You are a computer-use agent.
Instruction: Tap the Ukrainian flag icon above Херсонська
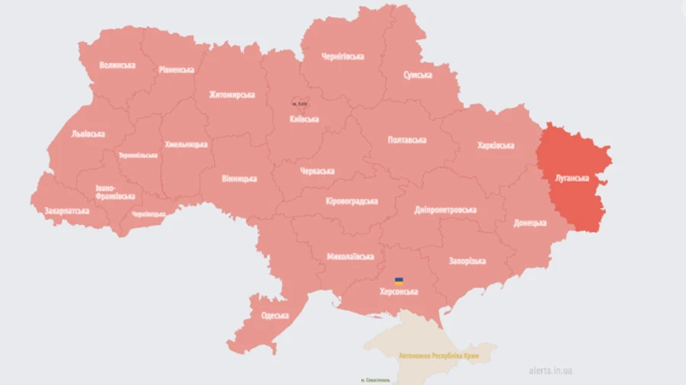[x=399, y=281]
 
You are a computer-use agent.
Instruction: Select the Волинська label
[x=117, y=66]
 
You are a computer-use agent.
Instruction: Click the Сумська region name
[x=418, y=75]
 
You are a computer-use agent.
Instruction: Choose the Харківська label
[x=495, y=145]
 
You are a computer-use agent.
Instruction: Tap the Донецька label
[x=530, y=223]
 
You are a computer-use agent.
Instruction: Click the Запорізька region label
[x=466, y=261]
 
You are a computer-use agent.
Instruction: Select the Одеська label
[x=274, y=315]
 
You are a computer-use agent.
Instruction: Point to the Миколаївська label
[x=350, y=256]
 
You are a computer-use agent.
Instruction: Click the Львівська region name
[x=88, y=133]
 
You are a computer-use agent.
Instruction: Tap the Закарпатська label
[x=67, y=210]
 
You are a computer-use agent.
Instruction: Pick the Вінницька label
[x=239, y=178]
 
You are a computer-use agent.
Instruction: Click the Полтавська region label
[x=407, y=140]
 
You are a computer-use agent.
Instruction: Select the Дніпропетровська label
[x=446, y=210]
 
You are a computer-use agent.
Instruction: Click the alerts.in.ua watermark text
[x=550, y=371]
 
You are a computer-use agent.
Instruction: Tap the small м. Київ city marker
[x=299, y=103]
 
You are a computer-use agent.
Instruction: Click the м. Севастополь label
[x=375, y=379]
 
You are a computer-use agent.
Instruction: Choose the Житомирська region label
[x=232, y=95]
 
